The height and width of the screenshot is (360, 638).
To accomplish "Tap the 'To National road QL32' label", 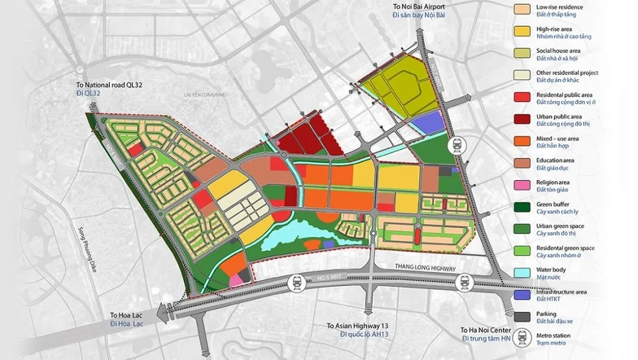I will (x=103, y=85).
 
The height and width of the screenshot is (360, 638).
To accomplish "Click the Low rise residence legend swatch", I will (x=523, y=10).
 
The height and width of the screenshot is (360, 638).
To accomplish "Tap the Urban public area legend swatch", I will (x=523, y=119).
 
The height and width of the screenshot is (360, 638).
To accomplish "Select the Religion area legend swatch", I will (x=523, y=185).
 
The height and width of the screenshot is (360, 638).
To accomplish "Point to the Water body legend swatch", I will (x=523, y=273).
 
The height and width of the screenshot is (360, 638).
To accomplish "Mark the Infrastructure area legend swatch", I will (x=523, y=296).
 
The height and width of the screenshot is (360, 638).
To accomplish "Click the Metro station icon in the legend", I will (x=523, y=338).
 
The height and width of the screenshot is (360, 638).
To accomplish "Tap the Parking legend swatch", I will (x=523, y=317).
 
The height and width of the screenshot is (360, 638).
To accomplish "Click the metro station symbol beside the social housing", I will (x=457, y=146).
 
